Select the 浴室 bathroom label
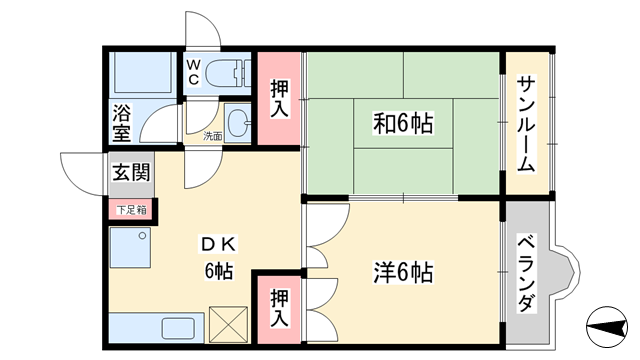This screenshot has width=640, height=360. coord(122,120)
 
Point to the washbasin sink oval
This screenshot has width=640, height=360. coord(238,125)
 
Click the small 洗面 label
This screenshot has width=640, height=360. coord(212,136)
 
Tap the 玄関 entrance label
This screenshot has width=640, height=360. coord(130,173)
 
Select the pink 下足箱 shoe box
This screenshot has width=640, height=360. coord(130,210)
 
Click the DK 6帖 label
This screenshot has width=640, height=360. coord(219,257)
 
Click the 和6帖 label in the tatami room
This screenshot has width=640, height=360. coord(402,125)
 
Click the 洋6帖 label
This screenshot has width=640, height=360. coord(403,271)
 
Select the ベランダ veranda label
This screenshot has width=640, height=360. coord(524,271)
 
